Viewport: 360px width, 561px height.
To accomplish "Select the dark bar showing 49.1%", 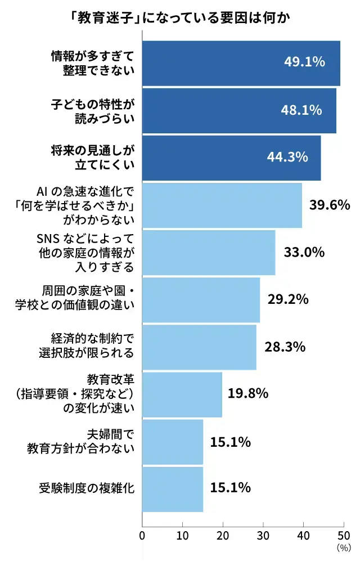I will click(241, 63).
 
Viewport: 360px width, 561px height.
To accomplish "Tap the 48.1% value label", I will click(301, 110).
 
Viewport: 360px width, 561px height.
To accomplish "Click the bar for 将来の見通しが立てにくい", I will click(231, 158).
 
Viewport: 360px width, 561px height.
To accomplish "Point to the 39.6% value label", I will click(330, 205).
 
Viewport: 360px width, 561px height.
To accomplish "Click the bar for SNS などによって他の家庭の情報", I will click(209, 252).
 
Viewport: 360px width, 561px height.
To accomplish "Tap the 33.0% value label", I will click(304, 252).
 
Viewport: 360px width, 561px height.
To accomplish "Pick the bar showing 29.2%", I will click(201, 299).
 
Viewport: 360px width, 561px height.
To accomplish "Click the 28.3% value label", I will click(285, 347).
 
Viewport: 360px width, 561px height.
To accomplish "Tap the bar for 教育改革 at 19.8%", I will click(182, 394).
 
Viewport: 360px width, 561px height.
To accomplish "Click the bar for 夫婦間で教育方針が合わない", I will click(173, 442).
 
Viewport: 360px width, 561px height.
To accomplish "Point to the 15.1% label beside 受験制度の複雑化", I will click(230, 488).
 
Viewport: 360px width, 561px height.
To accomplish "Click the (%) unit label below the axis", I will click(343, 547).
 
